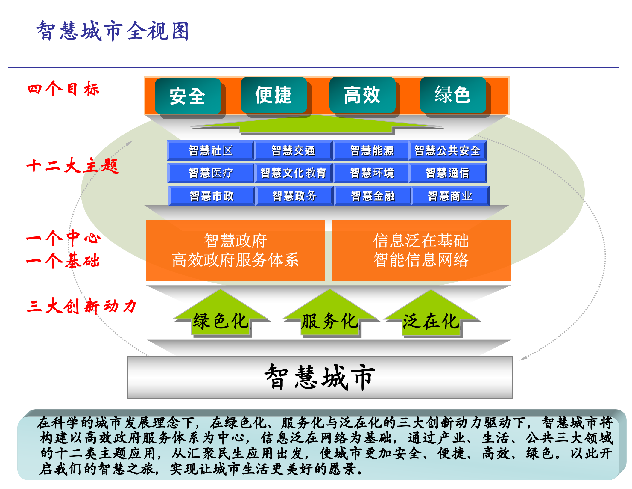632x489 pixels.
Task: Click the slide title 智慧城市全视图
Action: [x=113, y=31]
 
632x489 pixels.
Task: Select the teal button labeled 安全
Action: [x=188, y=96]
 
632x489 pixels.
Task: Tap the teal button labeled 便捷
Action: [x=274, y=95]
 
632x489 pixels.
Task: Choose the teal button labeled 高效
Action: [x=362, y=95]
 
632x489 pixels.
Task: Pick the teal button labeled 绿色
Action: [x=453, y=95]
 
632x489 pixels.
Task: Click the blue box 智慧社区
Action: [x=211, y=150]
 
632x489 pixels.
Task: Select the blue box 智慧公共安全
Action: [x=448, y=150]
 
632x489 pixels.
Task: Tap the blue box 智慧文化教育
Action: [x=293, y=173]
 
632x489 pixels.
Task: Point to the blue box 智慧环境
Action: [x=372, y=173]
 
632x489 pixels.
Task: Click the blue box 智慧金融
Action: [x=373, y=196]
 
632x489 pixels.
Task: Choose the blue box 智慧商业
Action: [x=450, y=196]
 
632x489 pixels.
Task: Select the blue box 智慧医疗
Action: [x=211, y=173]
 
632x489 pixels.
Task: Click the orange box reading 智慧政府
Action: [x=236, y=250]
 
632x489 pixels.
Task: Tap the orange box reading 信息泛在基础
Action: [x=421, y=250]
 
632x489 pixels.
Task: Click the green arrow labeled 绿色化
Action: [x=221, y=319]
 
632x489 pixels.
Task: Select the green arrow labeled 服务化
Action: [x=330, y=319]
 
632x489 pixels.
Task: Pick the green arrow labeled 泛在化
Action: [x=431, y=319]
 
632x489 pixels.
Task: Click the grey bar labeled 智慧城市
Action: [x=320, y=377]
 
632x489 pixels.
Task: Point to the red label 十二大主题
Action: [x=73, y=165]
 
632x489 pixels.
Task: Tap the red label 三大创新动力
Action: [x=81, y=306]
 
